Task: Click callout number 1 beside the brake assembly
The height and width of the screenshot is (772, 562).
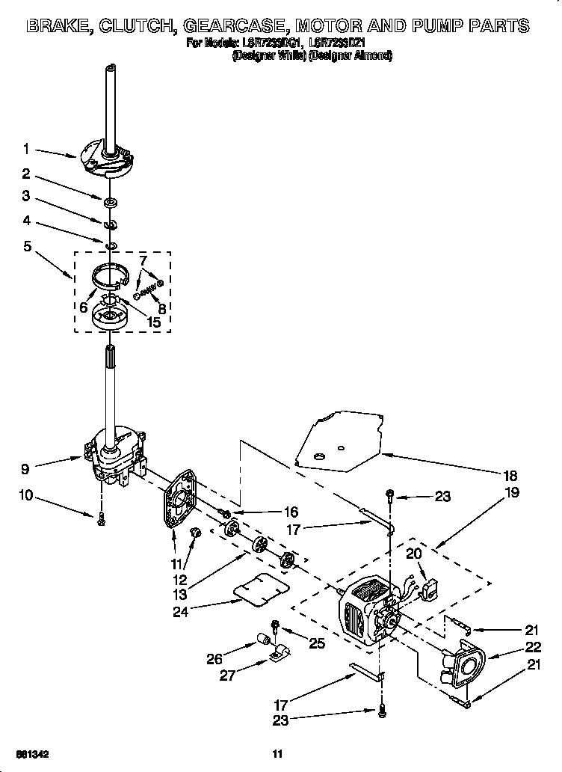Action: (x=26, y=149)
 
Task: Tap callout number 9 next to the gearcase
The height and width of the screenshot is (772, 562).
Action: (x=26, y=469)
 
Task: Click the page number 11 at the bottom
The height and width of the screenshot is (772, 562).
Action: (x=277, y=753)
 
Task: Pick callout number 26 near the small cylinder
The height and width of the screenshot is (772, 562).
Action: (x=216, y=658)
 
